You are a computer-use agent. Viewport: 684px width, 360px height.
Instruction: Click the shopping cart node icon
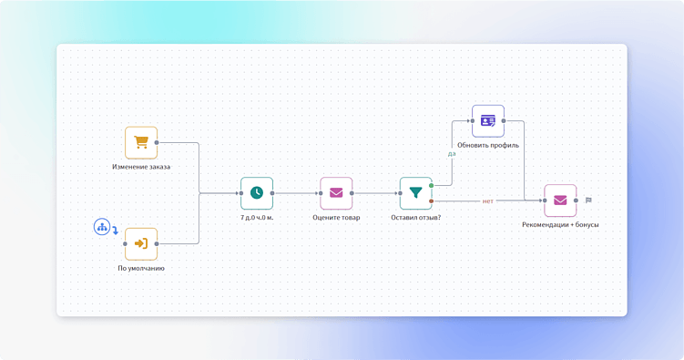coord(141,142)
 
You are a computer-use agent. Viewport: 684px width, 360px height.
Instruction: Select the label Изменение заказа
coord(141,167)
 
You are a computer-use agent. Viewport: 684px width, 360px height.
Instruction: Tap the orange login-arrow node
coord(141,243)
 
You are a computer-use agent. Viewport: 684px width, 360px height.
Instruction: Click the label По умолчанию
coord(141,269)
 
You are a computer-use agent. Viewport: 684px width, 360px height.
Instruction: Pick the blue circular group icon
coord(102,226)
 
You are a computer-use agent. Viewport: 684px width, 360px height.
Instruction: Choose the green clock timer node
coord(257,193)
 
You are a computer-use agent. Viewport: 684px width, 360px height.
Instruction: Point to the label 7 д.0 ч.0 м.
coord(257,218)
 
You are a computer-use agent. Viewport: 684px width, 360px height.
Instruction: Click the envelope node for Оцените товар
coord(336,193)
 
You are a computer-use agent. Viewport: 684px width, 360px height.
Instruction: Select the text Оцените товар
coord(336,218)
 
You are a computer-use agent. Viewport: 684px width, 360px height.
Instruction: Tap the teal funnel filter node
coord(415,193)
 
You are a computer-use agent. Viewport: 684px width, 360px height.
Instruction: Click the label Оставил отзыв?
coord(415,218)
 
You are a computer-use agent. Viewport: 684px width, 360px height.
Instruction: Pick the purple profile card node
coord(488,120)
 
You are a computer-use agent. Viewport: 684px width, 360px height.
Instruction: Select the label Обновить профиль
coord(488,145)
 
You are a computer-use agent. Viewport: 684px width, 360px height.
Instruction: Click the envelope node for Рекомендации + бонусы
coord(560,201)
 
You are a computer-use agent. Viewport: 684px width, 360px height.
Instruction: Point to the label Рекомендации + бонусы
coord(560,225)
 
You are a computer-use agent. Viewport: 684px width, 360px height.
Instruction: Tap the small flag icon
coord(588,201)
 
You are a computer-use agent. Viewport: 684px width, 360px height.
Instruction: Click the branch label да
coord(451,154)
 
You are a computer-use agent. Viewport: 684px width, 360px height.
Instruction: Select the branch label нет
coord(488,201)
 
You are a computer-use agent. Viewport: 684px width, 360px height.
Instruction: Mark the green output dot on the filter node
coord(432,186)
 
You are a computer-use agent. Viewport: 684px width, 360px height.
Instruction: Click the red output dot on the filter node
coord(432,201)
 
